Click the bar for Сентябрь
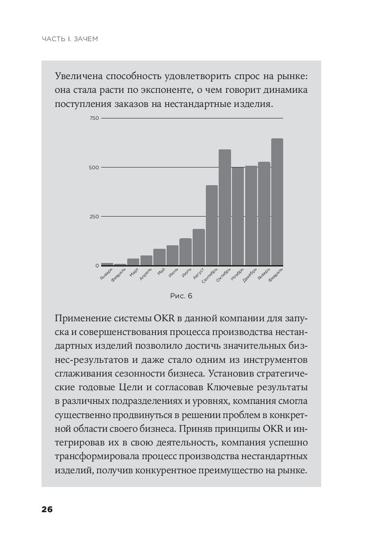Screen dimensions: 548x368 pyautogui.click(x=212, y=225)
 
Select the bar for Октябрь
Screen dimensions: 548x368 pyautogui.click(x=225, y=207)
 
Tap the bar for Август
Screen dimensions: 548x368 pyautogui.click(x=198, y=247)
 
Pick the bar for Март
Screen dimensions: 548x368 pyautogui.click(x=133, y=262)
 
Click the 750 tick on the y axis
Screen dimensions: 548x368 pyautogui.click(x=94, y=118)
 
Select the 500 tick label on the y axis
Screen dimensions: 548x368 pyautogui.click(x=94, y=167)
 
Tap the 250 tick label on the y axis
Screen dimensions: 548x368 pyautogui.click(x=94, y=217)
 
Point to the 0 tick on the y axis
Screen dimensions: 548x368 pyautogui.click(x=97, y=266)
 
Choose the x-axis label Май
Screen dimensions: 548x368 pyautogui.click(x=161, y=272)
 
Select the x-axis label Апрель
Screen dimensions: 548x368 pyautogui.click(x=146, y=274)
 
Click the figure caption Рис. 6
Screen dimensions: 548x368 pyautogui.click(x=181, y=296)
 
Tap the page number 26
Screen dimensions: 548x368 pyautogui.click(x=47, y=510)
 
